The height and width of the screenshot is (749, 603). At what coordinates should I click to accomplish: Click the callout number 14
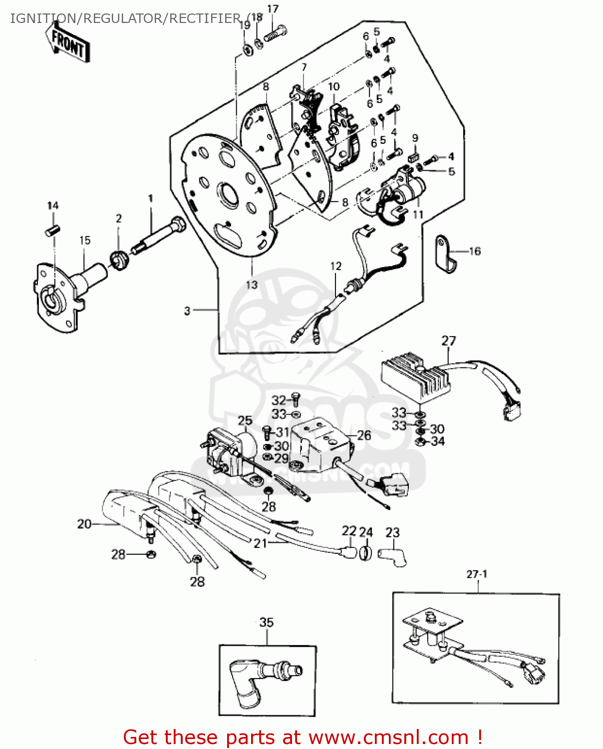[53, 206]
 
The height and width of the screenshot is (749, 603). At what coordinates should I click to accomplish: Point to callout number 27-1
[477, 574]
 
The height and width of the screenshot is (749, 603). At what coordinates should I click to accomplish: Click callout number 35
[267, 622]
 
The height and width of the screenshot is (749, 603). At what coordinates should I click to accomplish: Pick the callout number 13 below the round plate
[252, 285]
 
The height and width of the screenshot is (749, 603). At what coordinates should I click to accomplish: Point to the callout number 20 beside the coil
[84, 524]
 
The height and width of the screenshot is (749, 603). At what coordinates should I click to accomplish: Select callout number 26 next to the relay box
[364, 435]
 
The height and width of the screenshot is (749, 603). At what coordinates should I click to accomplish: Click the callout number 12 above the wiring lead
[336, 266]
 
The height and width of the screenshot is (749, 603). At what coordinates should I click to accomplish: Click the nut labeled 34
[420, 441]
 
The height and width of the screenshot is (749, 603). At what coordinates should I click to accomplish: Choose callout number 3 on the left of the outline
[187, 311]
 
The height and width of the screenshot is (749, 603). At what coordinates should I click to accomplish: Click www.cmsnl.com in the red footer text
[388, 737]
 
